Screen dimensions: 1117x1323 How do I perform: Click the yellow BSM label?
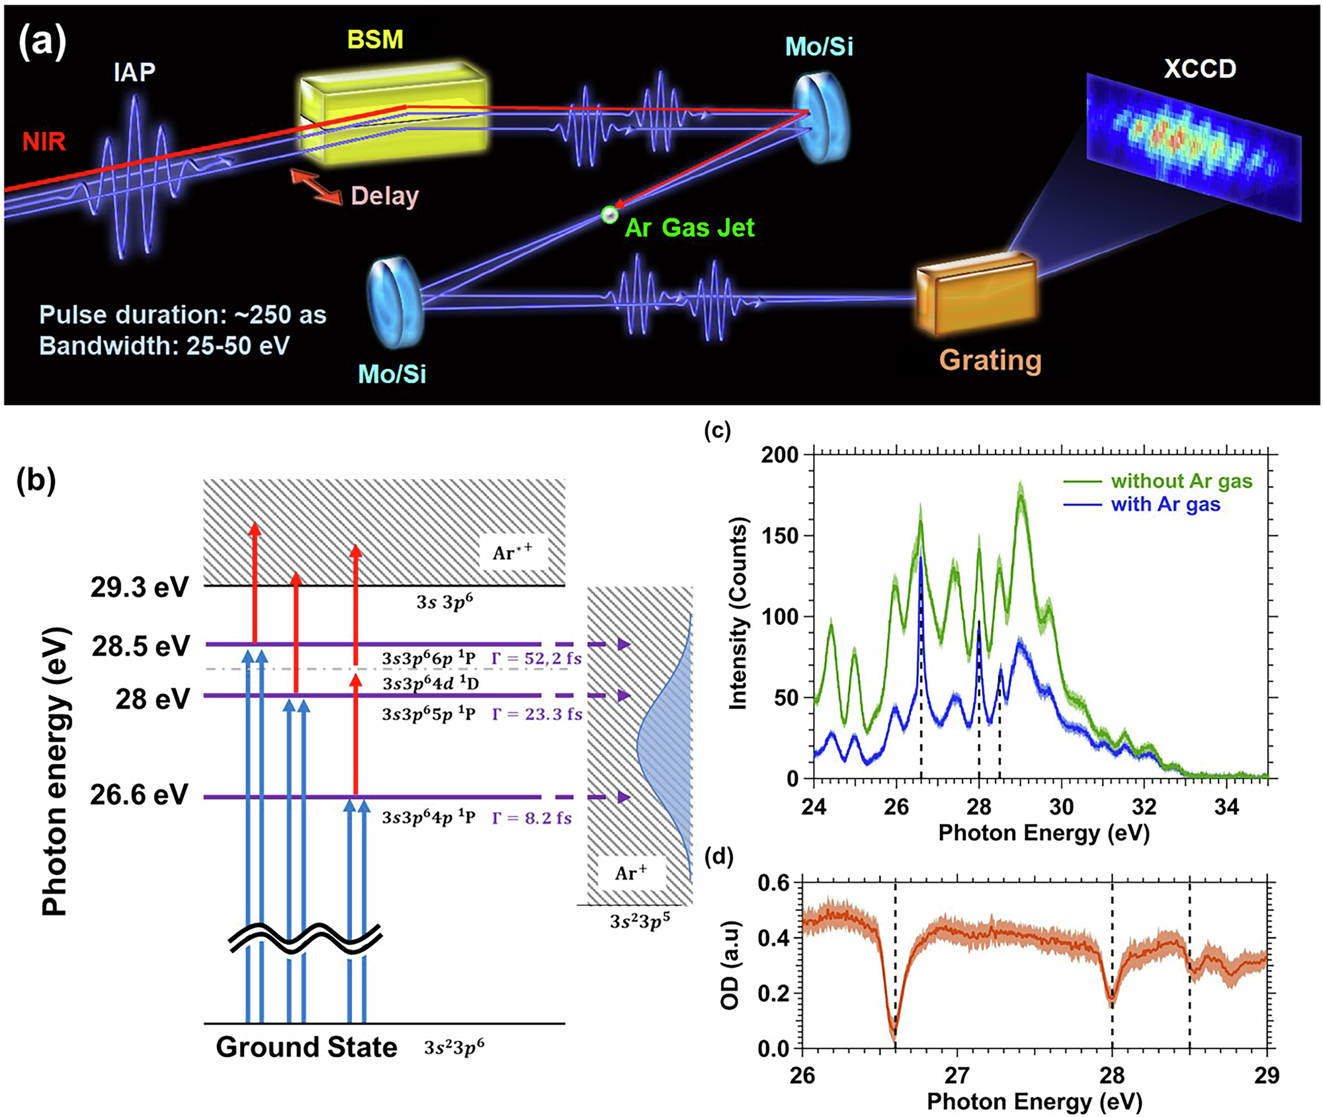click(x=375, y=40)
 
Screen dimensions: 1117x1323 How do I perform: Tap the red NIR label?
click(x=44, y=142)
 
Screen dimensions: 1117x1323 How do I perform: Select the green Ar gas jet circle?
click(x=609, y=214)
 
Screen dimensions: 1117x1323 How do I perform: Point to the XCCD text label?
click(x=1199, y=69)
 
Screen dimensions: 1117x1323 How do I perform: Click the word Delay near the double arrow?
click(x=384, y=196)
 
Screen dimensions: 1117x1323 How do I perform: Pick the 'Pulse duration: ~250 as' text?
click(x=183, y=315)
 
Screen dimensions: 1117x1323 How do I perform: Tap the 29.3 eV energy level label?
click(x=140, y=587)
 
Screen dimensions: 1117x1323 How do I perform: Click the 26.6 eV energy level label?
click(x=139, y=795)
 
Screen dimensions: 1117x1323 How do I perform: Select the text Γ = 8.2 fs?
click(x=532, y=818)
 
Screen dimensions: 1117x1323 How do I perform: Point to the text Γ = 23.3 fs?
click(x=537, y=714)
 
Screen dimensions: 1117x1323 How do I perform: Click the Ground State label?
click(x=306, y=1047)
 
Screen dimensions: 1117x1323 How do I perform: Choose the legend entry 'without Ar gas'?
click(x=1181, y=481)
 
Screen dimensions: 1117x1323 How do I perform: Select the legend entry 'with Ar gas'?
click(x=1166, y=505)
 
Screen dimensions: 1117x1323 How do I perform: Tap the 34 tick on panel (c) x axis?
click(x=1226, y=807)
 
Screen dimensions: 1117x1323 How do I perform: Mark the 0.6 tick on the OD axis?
click(x=773, y=884)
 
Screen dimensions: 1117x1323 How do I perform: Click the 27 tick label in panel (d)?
click(x=957, y=1075)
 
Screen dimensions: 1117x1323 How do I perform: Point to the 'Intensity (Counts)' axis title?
click(x=738, y=613)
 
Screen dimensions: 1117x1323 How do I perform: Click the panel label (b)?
click(x=36, y=480)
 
